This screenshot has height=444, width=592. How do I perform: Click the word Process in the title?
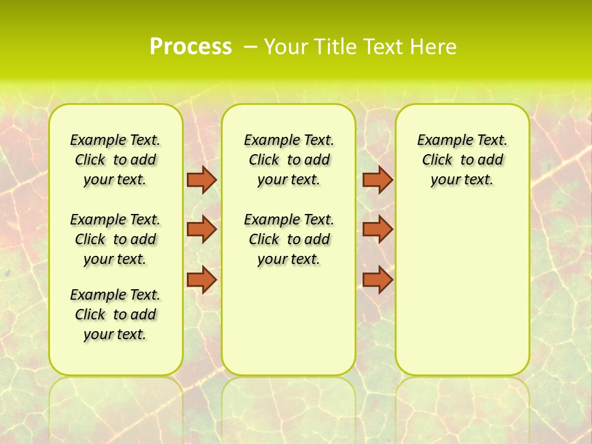pyautogui.click(x=191, y=46)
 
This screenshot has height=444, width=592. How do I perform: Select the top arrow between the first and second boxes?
pyautogui.click(x=202, y=180)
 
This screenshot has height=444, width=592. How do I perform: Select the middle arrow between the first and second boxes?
pyautogui.click(x=202, y=229)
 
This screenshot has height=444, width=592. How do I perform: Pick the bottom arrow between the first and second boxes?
pyautogui.click(x=202, y=280)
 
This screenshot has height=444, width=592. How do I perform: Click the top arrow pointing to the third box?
pyautogui.click(x=377, y=180)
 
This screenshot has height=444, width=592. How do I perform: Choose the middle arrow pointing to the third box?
pyautogui.click(x=377, y=229)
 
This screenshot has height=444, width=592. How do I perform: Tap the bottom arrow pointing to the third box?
pyautogui.click(x=377, y=280)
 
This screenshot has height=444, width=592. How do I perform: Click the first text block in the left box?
pyautogui.click(x=115, y=160)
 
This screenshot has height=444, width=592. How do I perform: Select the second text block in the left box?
pyautogui.click(x=115, y=239)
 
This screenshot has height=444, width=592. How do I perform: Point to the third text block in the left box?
pyautogui.click(x=115, y=314)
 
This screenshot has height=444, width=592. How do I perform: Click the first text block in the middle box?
pyautogui.click(x=289, y=160)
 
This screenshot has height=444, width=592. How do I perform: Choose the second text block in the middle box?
pyautogui.click(x=289, y=239)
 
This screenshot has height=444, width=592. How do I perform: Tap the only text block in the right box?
pyautogui.click(x=462, y=160)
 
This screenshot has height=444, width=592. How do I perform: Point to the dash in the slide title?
pyautogui.click(x=250, y=47)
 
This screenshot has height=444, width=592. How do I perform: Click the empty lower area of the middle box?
pyautogui.click(x=289, y=321)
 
